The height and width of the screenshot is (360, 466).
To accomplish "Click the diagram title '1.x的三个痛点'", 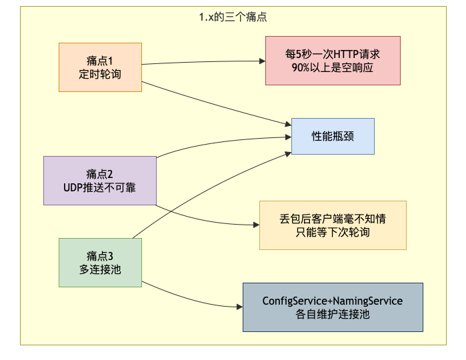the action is click(x=233, y=17).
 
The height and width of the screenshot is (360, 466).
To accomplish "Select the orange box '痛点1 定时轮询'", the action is click(x=100, y=67).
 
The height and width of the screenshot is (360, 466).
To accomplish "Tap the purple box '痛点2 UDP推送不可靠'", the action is click(x=100, y=181).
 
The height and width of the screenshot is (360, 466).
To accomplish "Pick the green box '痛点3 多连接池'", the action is click(x=100, y=263).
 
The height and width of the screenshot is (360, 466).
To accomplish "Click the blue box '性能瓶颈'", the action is click(x=333, y=136).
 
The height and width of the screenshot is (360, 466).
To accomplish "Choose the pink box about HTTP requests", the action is click(x=333, y=61).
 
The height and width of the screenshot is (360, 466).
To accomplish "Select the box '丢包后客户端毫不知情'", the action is click(x=333, y=225).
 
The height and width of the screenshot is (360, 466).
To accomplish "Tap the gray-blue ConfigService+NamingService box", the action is click(x=333, y=307).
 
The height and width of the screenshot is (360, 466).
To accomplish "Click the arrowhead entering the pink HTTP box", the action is click(x=263, y=61).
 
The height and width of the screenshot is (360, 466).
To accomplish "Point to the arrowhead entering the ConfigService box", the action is click(x=240, y=307).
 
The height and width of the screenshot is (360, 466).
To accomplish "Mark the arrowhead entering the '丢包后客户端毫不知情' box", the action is click(x=257, y=225).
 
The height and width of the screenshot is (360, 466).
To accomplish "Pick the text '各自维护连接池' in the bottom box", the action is click(x=333, y=314).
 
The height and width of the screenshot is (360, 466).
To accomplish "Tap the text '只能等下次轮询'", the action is click(x=333, y=233).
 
